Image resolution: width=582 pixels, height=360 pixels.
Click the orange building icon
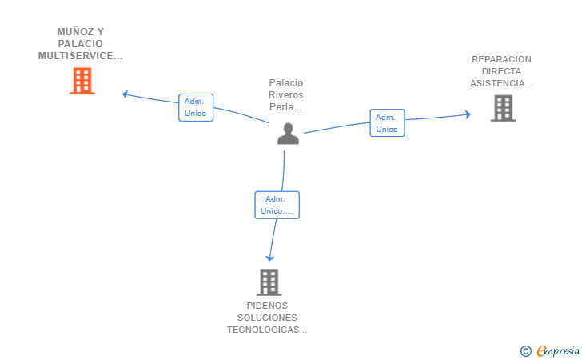82,81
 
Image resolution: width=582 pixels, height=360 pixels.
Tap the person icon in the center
288,134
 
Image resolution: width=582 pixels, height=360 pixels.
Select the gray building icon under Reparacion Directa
504,108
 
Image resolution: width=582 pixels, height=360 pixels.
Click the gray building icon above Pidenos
269,282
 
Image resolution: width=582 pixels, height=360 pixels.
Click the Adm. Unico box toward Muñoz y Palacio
196,107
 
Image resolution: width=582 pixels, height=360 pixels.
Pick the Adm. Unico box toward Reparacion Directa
387,123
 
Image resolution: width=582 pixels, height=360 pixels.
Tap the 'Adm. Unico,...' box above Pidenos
277,205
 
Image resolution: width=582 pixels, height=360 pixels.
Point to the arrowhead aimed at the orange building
125,94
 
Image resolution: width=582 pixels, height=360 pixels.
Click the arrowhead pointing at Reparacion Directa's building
468,114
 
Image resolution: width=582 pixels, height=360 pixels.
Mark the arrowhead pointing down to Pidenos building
270,258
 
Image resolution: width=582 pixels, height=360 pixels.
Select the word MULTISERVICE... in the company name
80,56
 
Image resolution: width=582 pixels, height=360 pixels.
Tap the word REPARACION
501,59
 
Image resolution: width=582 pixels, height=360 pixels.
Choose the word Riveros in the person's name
286,94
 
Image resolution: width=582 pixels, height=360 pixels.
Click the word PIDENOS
267,306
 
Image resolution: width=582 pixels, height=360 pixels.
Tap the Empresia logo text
558,350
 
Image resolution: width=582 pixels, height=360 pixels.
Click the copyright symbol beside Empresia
525,351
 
